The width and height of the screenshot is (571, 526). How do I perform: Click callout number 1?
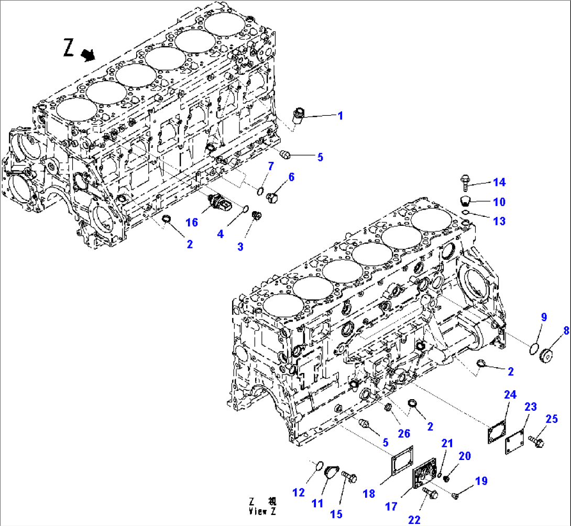(340, 116)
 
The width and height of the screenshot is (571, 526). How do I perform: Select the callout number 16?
(192, 222)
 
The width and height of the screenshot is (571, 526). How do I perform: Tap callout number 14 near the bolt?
(499, 182)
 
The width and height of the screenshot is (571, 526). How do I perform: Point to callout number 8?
(566, 331)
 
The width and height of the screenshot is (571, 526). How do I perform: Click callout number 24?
(510, 394)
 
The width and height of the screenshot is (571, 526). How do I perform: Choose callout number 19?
(481, 480)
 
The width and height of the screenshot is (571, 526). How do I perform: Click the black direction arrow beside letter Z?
(88, 54)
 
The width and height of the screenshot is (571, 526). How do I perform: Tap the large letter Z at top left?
(69, 48)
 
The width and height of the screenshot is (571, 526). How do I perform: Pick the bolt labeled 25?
(537, 441)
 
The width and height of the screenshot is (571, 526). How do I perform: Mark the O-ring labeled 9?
(533, 347)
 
